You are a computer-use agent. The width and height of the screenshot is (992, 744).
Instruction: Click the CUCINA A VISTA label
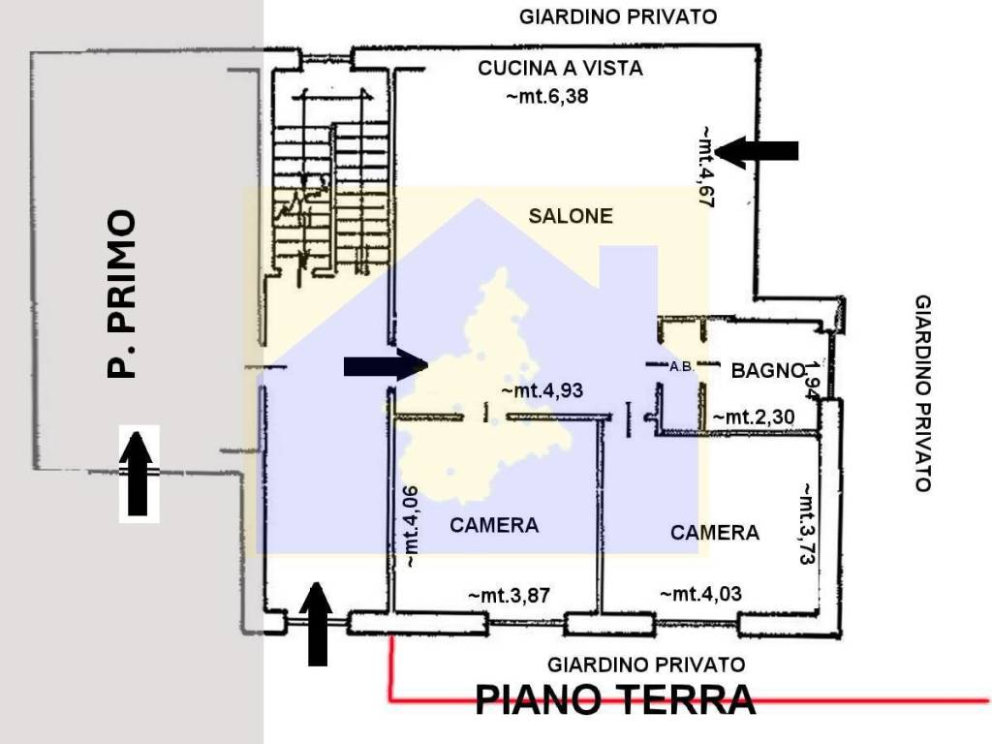coord(560,68)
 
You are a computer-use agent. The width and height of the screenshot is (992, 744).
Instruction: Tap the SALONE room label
coord(571,216)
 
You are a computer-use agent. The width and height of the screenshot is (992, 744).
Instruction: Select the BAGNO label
coord(767,369)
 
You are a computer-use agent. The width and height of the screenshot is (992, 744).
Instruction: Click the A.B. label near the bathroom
coord(681,366)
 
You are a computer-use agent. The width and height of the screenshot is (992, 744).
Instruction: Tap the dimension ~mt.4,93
coord(542,390)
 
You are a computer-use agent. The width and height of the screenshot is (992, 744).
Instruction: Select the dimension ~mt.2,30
coord(755,417)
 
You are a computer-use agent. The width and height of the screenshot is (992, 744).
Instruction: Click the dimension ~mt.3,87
coord(509,595)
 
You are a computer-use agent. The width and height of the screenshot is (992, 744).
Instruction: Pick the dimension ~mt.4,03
coord(700,594)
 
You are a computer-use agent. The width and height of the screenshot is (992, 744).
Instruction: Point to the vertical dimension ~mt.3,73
coord(805,523)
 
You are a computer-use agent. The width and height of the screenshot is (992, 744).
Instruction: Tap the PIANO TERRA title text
coord(615,697)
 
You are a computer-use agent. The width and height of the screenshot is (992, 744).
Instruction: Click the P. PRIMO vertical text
coord(123,294)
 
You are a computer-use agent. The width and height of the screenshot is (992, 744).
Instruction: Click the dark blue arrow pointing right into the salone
coord(385,365)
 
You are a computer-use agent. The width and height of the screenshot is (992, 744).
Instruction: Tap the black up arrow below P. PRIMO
coord(139,473)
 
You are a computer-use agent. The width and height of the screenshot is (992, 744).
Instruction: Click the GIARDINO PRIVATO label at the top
coord(618,16)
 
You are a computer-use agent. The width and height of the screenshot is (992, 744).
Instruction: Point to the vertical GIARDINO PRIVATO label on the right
coord(922,393)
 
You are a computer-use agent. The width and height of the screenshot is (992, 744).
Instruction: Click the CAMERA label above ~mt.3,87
coord(494,525)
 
